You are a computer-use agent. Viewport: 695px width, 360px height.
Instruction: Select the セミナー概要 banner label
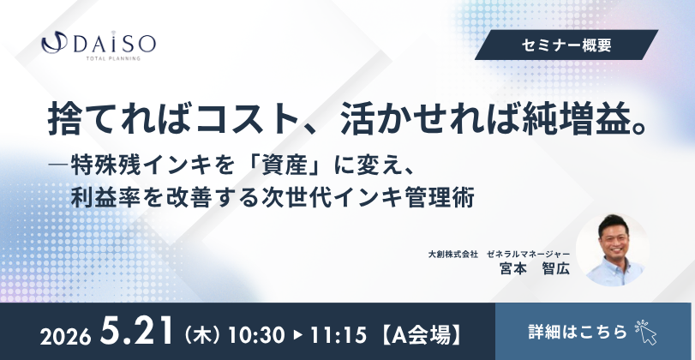[x=566, y=45]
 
